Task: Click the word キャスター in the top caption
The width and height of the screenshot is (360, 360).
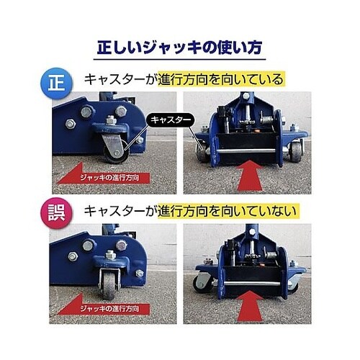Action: (x=114, y=79)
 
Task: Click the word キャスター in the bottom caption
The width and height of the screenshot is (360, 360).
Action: (x=114, y=212)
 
